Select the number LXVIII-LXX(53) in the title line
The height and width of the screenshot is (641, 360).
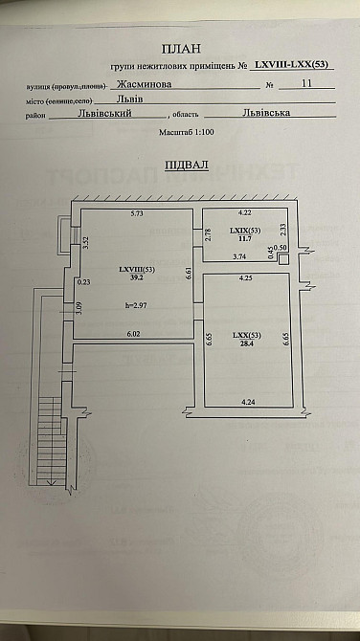[292, 64]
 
